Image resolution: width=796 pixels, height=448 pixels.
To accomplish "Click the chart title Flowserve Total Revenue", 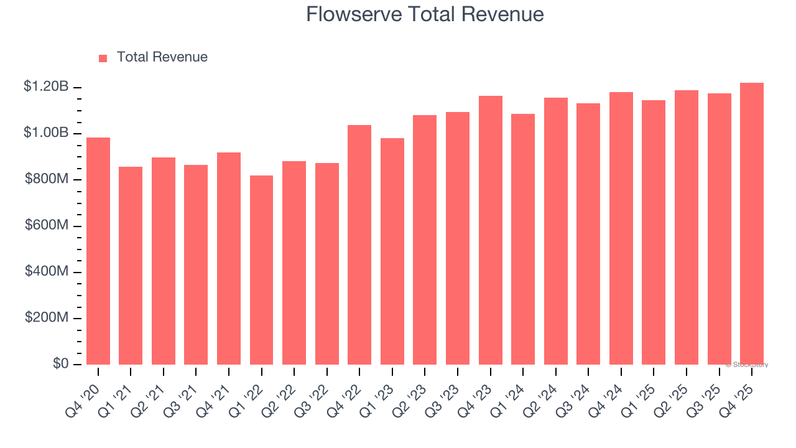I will pyautogui.click(x=425, y=14).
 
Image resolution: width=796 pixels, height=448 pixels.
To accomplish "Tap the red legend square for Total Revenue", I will pyautogui.click(x=103, y=58).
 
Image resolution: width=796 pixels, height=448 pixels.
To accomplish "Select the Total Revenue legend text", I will pyautogui.click(x=162, y=57).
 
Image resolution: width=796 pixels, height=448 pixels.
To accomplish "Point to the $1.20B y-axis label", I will pyautogui.click(x=46, y=86).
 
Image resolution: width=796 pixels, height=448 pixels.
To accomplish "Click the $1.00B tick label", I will pyautogui.click(x=46, y=133).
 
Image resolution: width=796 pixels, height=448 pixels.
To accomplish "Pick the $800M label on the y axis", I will pyautogui.click(x=46, y=179).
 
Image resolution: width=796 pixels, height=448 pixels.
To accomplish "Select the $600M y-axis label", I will pyautogui.click(x=46, y=225).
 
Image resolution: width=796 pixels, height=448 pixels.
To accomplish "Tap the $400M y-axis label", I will pyautogui.click(x=46, y=272).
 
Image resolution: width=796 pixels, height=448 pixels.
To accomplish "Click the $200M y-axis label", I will pyautogui.click(x=46, y=318).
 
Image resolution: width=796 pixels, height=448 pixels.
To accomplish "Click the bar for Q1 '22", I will pyautogui.click(x=261, y=270).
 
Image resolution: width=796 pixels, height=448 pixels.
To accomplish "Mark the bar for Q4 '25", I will pyautogui.click(x=751, y=223).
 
